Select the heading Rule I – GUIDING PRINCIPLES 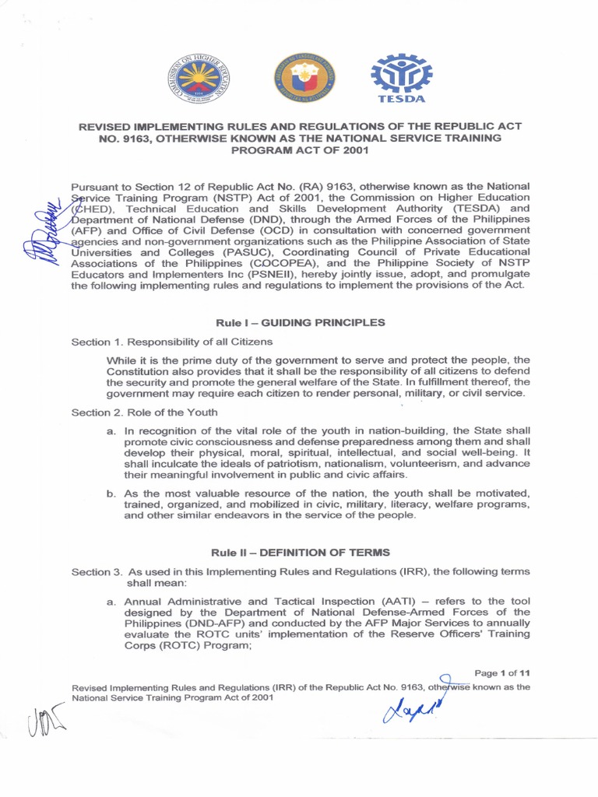[x=300, y=323]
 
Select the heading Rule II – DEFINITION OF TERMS [x=300, y=552]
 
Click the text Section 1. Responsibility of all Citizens [x=172, y=342]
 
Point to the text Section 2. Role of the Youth [x=145, y=412]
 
